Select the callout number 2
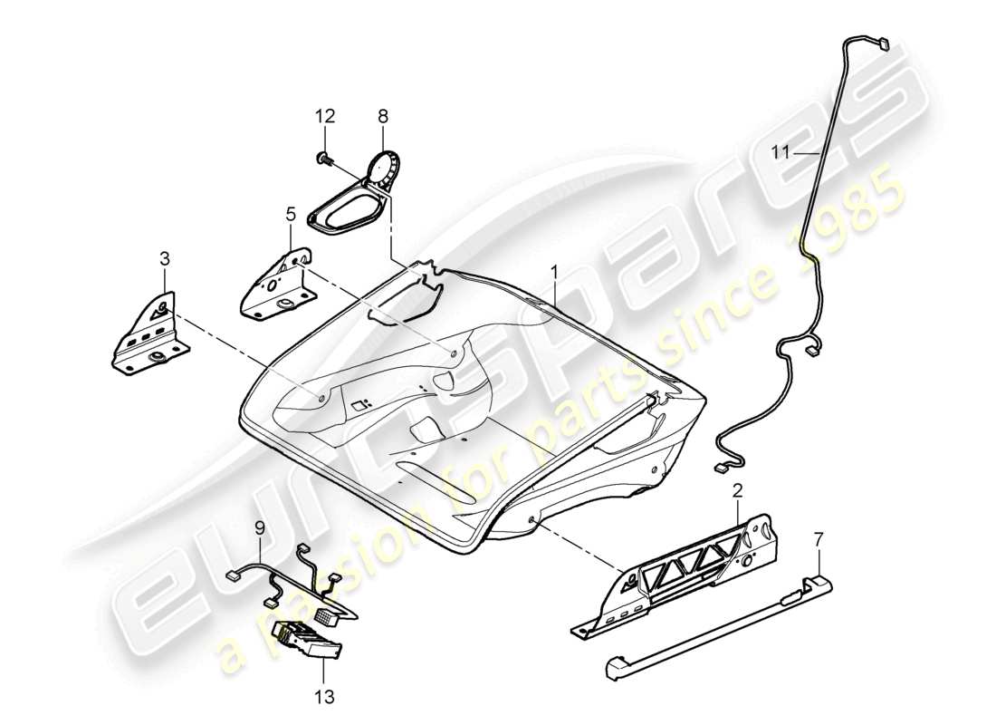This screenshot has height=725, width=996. point(737,492)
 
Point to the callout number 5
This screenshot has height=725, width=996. point(291,215)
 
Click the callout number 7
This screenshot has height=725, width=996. point(819,541)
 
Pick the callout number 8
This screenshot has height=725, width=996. point(382,116)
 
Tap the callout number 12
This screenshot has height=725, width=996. point(325,116)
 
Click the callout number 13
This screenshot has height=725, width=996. point(324,697)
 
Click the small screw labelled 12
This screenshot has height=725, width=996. point(323,159)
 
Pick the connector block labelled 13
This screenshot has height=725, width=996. point(308,639)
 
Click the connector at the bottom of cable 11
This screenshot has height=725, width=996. point(723,468)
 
